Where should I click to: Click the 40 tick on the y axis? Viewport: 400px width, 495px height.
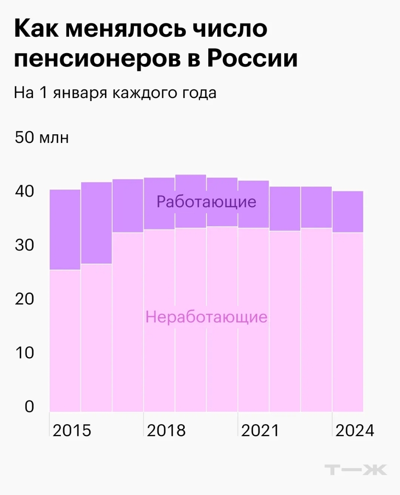point(24,191)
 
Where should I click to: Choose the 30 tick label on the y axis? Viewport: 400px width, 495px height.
point(24,245)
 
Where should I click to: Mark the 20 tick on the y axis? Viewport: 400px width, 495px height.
point(24,299)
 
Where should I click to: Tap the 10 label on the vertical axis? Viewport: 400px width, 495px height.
point(24,353)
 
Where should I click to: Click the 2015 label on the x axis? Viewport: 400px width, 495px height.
point(72,431)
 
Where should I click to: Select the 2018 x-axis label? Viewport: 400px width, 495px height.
point(166,431)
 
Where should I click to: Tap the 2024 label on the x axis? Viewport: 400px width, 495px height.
point(354,431)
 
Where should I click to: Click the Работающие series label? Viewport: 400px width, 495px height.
point(206,202)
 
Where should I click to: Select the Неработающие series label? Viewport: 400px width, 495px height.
point(206,317)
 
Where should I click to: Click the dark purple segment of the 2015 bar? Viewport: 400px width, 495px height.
point(65,229)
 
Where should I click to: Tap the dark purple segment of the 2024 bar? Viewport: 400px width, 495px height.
point(348,212)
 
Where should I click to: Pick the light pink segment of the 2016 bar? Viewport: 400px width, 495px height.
point(96,337)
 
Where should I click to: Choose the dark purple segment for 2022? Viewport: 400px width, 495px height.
point(285,209)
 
